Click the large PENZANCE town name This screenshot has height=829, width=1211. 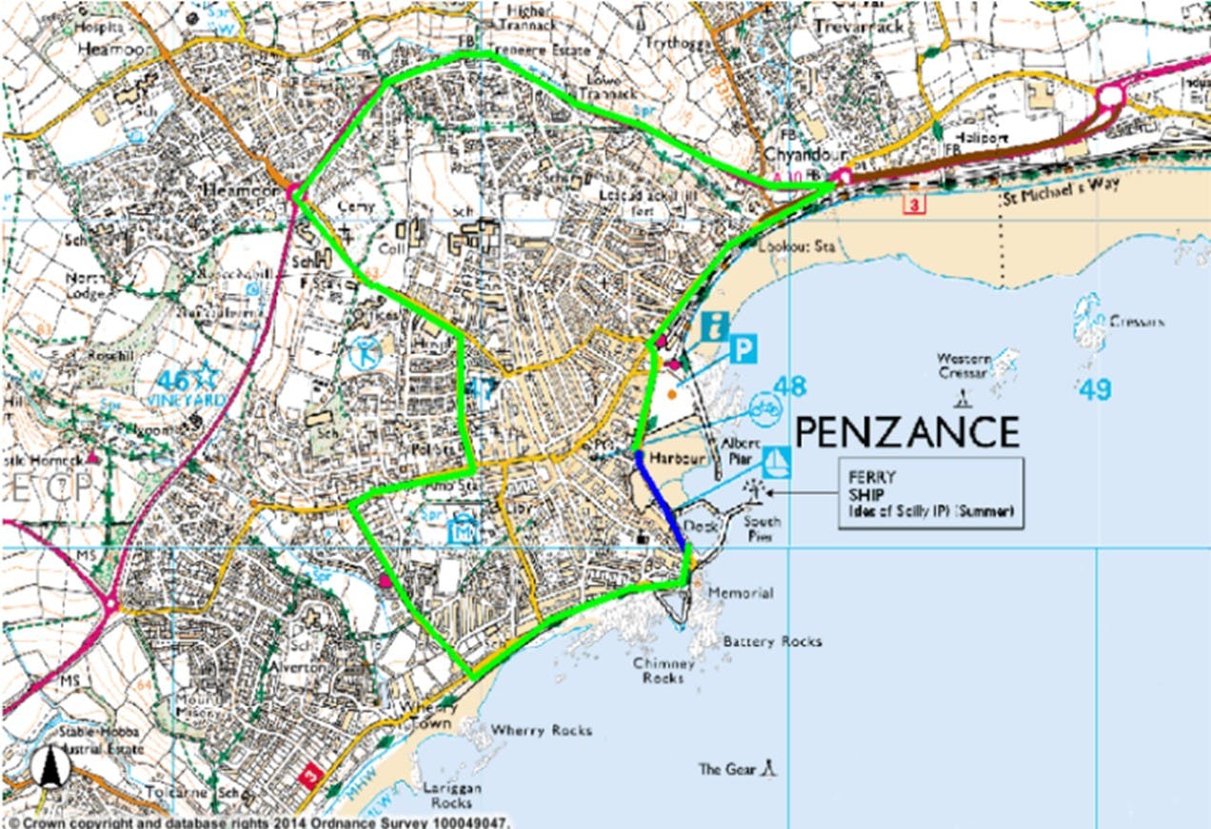906,432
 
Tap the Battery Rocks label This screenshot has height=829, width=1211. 771,641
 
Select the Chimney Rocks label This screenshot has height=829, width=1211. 663,671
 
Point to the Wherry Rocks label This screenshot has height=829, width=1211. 541,730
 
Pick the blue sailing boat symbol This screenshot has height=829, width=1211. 777,463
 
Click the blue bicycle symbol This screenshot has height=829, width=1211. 765,406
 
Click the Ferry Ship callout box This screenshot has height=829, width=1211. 930,492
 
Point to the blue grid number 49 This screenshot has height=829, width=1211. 1096,389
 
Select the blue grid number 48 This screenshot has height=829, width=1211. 789,386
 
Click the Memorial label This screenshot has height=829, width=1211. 740,593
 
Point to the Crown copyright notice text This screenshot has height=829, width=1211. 258,821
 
